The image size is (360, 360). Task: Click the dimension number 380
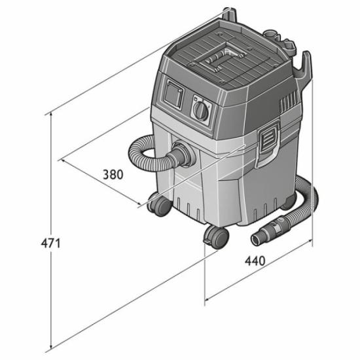113,175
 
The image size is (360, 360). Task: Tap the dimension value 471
51,243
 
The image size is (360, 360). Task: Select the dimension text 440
255,261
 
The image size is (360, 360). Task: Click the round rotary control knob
201,111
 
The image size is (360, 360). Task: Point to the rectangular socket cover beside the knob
173,94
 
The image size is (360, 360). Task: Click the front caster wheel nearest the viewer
216,237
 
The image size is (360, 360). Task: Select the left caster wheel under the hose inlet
159,204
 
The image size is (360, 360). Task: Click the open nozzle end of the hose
258,240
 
